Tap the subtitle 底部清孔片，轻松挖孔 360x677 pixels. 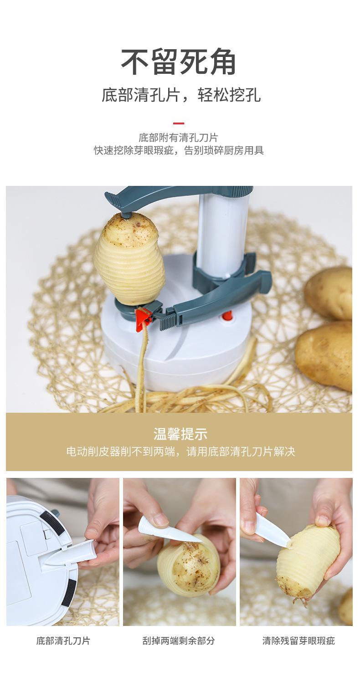[181, 95]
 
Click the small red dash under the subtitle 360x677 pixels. [179, 123]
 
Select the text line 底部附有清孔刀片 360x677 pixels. [179, 137]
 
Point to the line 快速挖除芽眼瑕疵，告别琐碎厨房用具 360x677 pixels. [179, 150]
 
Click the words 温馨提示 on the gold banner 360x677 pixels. [180, 434]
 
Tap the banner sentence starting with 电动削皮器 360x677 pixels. [180, 451]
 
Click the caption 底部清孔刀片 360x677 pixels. [63, 641]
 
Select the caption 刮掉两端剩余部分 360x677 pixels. [179, 641]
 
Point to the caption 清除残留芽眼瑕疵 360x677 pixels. [298, 641]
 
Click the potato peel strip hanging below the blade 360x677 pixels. [144, 351]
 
